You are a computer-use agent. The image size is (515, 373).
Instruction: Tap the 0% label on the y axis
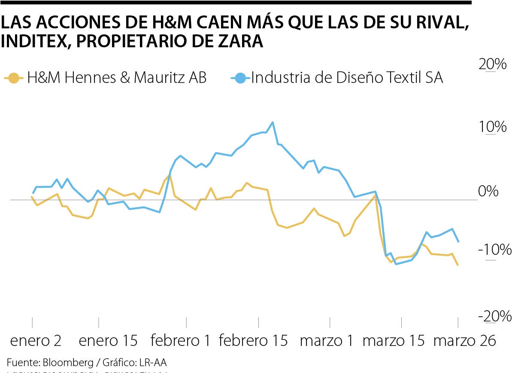(x=488, y=191)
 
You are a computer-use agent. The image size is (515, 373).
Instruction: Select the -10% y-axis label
(x=495, y=250)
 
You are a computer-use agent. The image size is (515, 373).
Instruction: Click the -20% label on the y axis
(x=495, y=317)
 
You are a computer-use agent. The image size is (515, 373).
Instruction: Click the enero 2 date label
(x=36, y=341)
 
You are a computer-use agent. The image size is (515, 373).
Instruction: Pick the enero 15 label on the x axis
(x=109, y=341)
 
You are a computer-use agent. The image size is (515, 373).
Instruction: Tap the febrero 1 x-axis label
(x=181, y=341)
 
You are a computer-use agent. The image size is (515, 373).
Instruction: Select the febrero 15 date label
(x=253, y=341)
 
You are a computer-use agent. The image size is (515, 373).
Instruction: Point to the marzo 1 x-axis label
(x=327, y=341)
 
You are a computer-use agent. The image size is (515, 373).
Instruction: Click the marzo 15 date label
(x=394, y=341)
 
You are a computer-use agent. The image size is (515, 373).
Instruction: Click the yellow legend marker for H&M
(x=14, y=78)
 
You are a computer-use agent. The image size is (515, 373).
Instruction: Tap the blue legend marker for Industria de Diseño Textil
(x=240, y=78)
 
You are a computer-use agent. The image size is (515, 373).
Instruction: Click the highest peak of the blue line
(x=273, y=122)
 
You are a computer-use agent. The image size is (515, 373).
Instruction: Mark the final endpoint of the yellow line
(x=458, y=265)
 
